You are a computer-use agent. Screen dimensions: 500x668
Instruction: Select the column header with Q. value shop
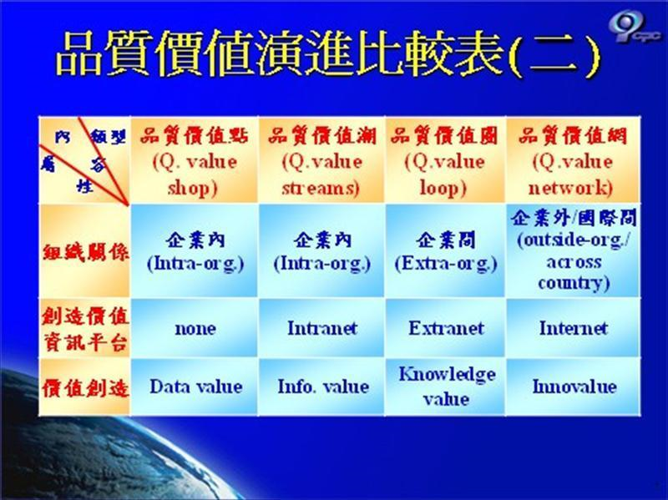[195, 161]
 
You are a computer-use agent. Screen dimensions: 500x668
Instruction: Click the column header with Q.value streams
[322, 161]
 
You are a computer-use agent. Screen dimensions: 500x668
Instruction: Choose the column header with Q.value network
[572, 161]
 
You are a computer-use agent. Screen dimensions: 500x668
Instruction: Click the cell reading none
[195, 328]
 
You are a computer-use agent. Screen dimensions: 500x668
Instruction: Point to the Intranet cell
[322, 328]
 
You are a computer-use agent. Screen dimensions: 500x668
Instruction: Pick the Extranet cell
[446, 328]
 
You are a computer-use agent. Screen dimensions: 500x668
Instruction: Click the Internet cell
[573, 328]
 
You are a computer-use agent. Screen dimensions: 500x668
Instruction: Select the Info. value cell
[322, 386]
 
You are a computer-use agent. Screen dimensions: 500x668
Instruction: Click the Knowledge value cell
[446, 386]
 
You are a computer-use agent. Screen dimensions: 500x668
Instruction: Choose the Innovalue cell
[573, 386]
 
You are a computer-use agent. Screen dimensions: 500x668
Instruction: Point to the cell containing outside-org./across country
[573, 250]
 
